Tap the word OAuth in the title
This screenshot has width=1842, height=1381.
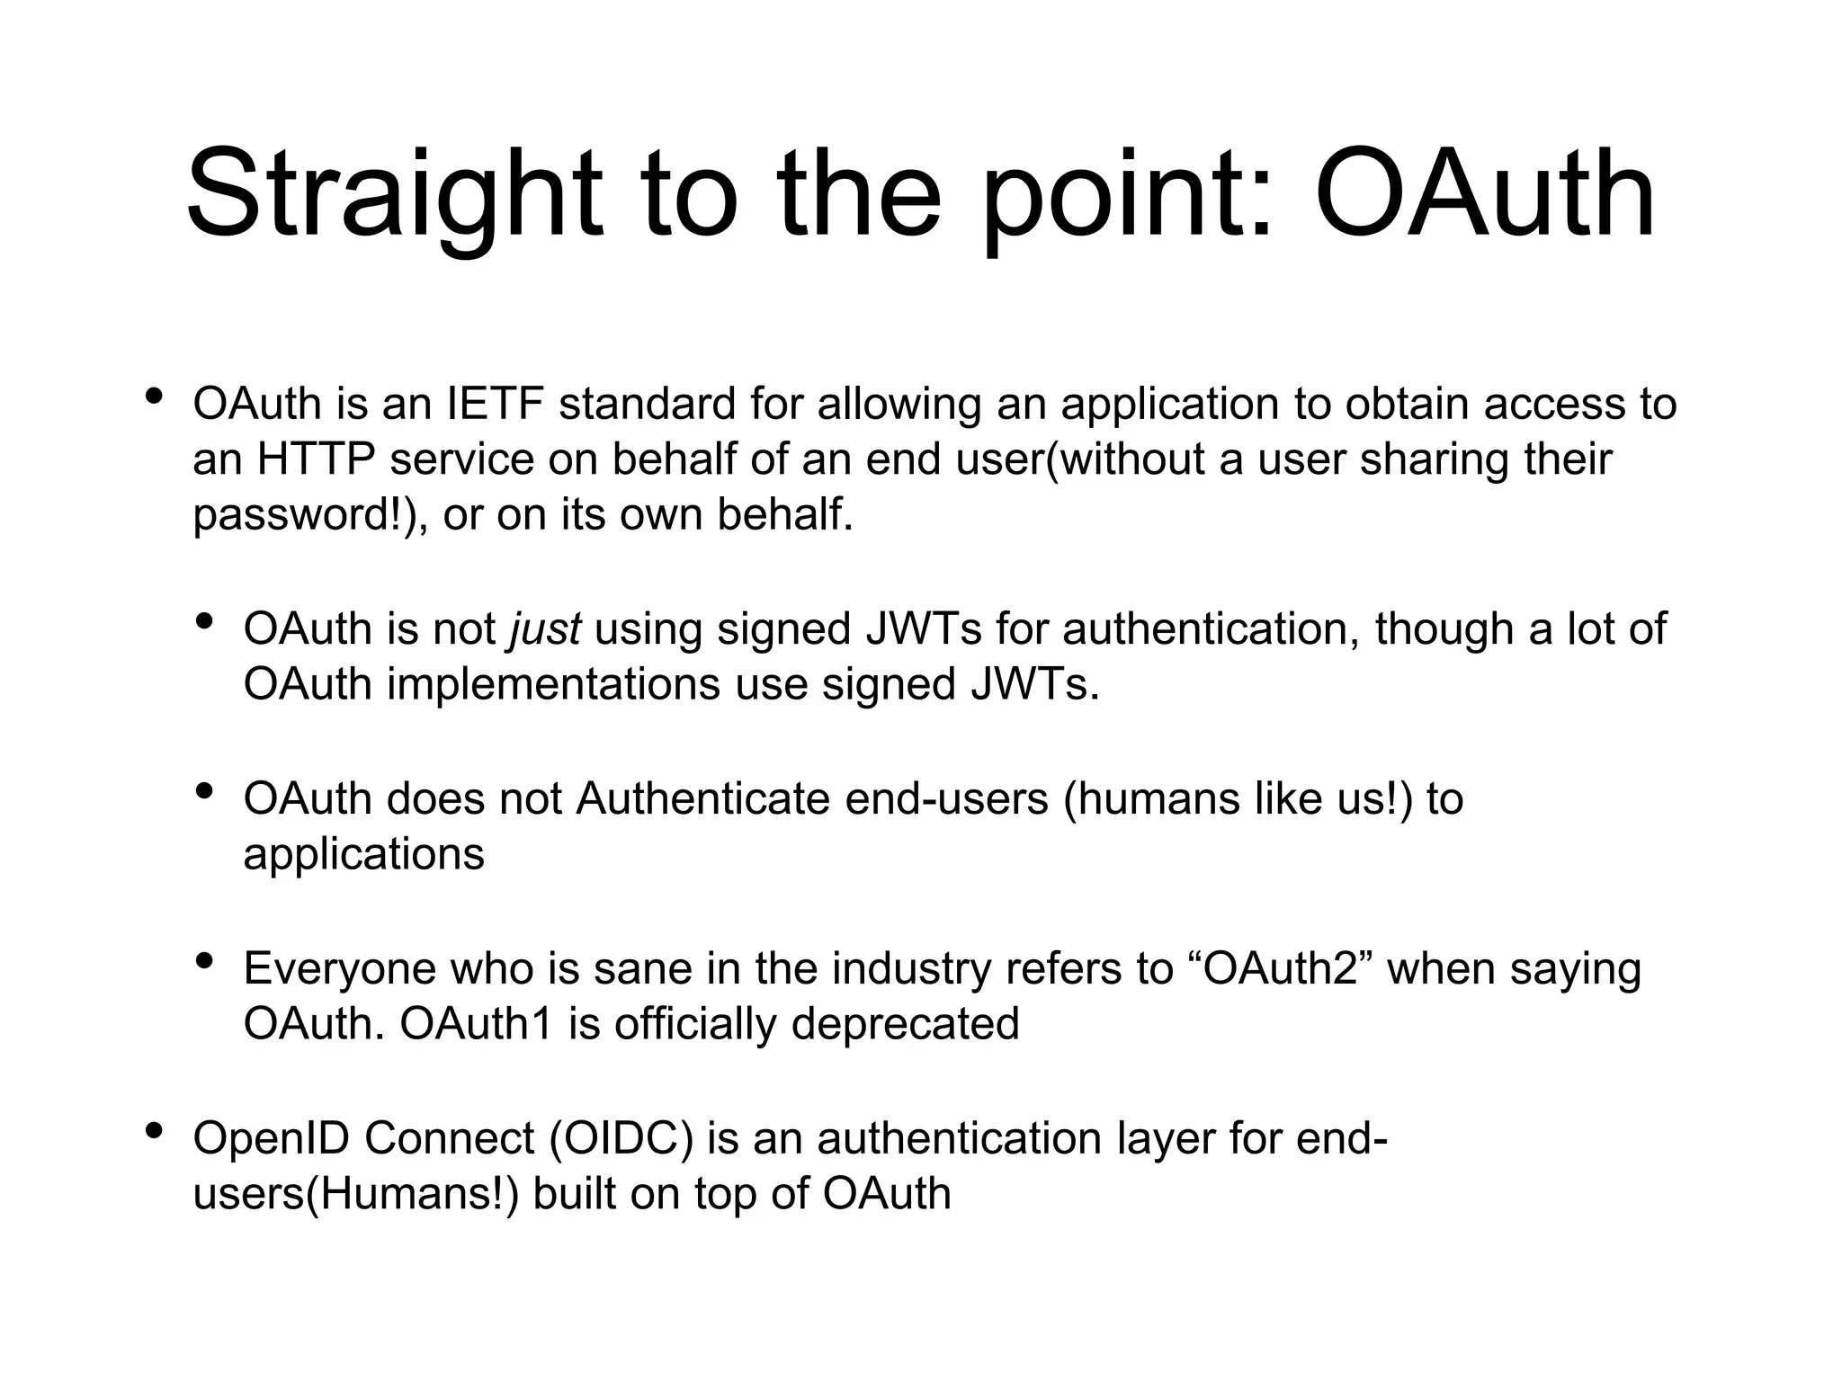click(x=1484, y=196)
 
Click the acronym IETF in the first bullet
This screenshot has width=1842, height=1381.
click(x=495, y=404)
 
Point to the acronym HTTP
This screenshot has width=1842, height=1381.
click(x=316, y=459)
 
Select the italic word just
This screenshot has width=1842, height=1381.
click(x=545, y=628)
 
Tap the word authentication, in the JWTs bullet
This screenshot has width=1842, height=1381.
click(x=1210, y=628)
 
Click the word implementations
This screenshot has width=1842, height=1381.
click(x=553, y=684)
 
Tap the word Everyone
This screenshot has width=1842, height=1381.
click(x=338, y=969)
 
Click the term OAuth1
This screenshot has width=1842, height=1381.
click(x=476, y=1024)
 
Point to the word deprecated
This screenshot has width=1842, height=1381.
click(x=905, y=1024)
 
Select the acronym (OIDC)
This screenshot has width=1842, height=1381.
click(x=621, y=1139)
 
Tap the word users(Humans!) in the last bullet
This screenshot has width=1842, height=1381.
click(x=356, y=1195)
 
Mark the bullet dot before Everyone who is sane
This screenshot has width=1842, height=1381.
click(x=204, y=960)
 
